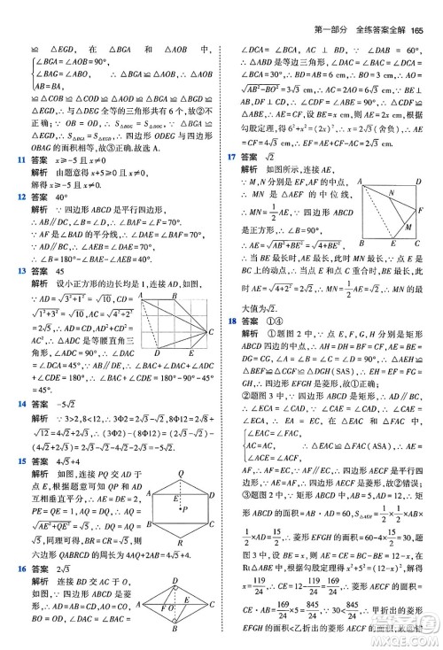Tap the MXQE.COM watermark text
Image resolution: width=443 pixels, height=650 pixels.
coord(404,637)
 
